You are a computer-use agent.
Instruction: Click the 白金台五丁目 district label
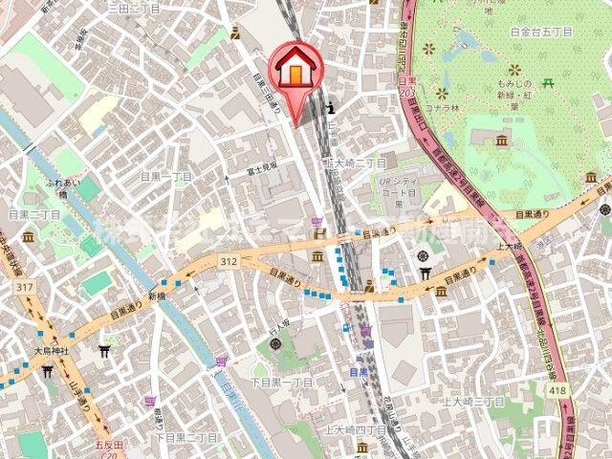[x=541, y=32]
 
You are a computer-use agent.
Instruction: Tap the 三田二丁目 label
[x=134, y=7]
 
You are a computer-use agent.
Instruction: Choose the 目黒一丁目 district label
[x=166, y=177]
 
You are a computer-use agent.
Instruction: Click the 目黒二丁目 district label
[x=34, y=214]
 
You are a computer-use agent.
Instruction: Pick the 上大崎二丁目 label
[x=355, y=163]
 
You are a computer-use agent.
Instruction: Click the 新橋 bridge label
[x=158, y=297]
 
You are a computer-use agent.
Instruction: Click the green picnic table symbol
[x=548, y=83]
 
